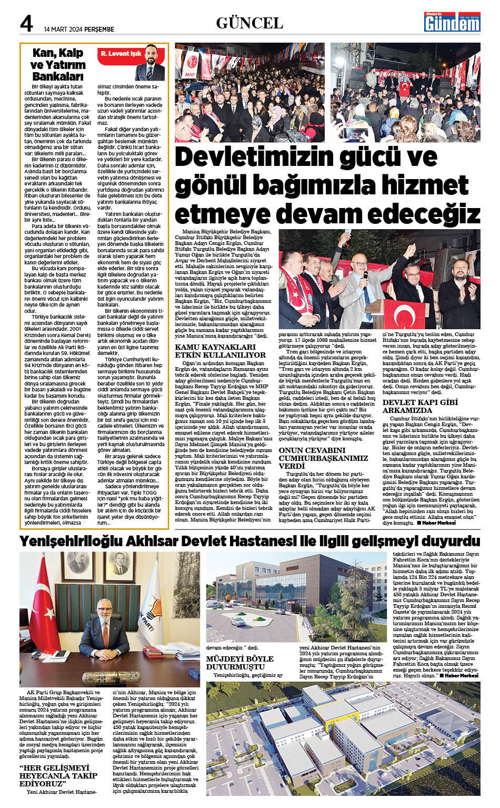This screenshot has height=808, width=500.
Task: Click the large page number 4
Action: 26,24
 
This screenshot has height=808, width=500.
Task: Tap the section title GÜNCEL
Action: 249,23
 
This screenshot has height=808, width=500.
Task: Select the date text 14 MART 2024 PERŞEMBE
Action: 79,29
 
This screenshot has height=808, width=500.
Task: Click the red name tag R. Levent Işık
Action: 121,54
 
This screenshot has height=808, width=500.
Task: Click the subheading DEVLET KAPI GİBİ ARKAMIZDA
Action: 415,406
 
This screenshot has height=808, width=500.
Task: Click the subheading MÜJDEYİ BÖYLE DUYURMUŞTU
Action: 239,662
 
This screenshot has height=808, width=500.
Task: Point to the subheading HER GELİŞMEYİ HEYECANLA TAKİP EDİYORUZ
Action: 58,775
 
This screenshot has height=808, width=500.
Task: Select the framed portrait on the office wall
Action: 122,571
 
